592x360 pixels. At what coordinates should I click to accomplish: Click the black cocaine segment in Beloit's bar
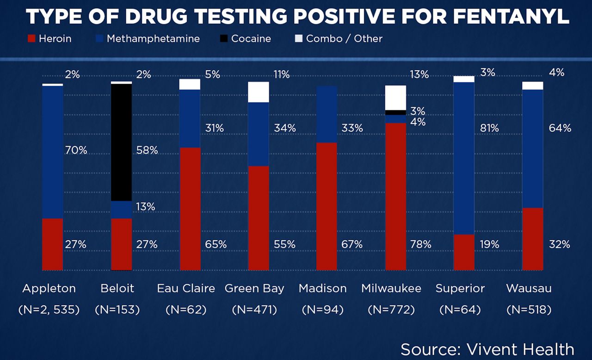pyautogui.click(x=122, y=142)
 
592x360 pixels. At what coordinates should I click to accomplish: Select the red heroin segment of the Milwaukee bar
pyautogui.click(x=395, y=196)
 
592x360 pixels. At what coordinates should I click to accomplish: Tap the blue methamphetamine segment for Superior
pyautogui.click(x=464, y=158)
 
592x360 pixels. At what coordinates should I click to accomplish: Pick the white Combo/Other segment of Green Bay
pyautogui.click(x=259, y=92)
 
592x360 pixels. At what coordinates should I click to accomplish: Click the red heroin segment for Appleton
pyautogui.click(x=52, y=244)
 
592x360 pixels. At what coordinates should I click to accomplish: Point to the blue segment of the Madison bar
pyautogui.click(x=327, y=114)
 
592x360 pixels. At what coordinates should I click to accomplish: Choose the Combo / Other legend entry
pyautogui.click(x=339, y=38)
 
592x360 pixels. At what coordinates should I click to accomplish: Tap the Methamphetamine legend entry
pyautogui.click(x=148, y=38)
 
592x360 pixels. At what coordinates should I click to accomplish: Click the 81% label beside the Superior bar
pyautogui.click(x=489, y=128)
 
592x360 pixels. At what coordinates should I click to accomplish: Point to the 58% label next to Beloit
pyautogui.click(x=148, y=150)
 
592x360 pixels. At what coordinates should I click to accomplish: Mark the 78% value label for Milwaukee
pyautogui.click(x=421, y=244)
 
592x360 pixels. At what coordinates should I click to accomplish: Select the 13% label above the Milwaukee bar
pyautogui.click(x=419, y=74)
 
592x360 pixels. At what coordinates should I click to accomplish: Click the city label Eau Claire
pyautogui.click(x=186, y=288)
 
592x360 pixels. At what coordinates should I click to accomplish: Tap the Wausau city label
pyautogui.click(x=529, y=288)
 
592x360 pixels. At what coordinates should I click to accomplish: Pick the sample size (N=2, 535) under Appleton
pyautogui.click(x=49, y=310)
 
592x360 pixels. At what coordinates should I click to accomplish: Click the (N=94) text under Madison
pyautogui.click(x=322, y=310)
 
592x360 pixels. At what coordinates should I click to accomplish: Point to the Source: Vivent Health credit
pyautogui.click(x=487, y=349)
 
